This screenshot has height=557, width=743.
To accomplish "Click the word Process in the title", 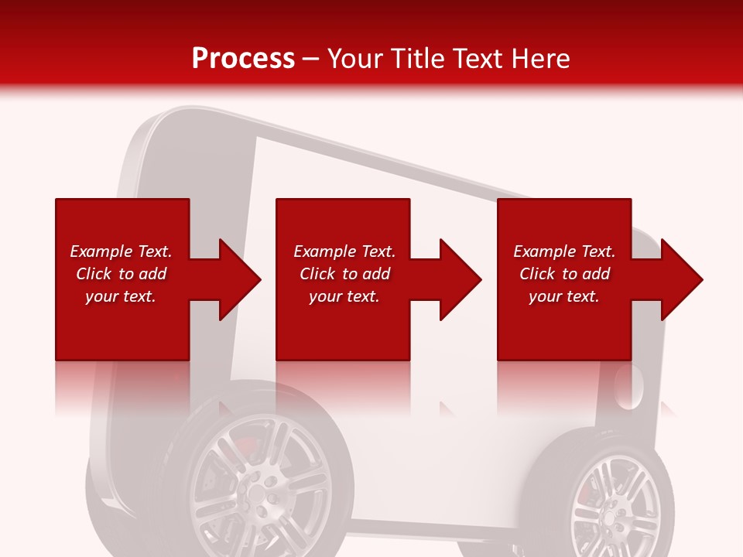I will [243, 59].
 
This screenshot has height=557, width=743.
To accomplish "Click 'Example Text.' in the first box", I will [121, 251].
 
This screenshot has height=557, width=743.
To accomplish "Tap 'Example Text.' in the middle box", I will [344, 251].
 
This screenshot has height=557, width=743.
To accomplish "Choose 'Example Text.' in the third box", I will [564, 251].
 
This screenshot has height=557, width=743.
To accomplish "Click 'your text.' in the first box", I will [121, 296].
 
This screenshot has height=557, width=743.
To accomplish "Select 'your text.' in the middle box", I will [344, 296].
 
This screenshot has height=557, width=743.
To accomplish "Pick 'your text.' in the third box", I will [564, 296].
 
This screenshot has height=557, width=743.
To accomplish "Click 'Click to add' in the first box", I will [121, 274].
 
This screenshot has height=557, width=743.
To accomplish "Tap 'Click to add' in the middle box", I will [344, 274].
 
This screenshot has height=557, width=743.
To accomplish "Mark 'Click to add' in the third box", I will [564, 274].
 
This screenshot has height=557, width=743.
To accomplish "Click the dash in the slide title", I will [311, 60].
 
